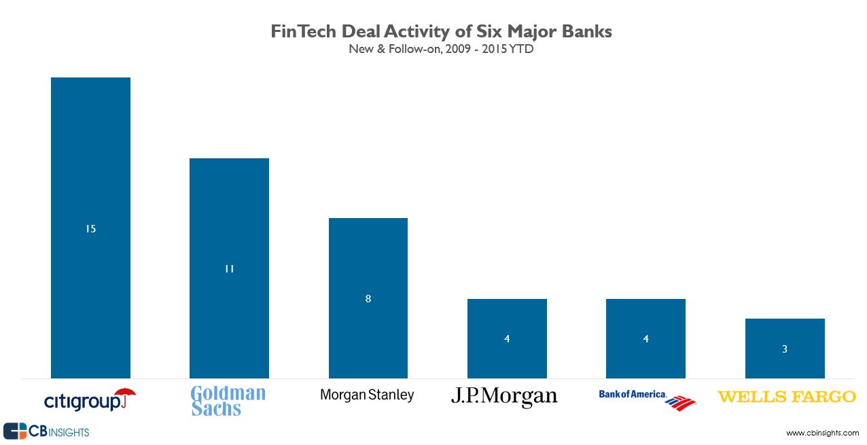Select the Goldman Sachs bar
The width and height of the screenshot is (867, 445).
(229, 204)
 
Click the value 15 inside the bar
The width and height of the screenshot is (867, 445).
(90, 229)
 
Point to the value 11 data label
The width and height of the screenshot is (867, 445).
(229, 269)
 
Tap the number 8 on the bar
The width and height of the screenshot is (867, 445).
(368, 298)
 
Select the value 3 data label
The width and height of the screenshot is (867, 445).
(785, 349)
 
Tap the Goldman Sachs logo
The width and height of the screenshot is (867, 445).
(228, 401)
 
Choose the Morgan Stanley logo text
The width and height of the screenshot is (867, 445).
(367, 395)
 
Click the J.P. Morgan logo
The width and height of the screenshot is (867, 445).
(504, 396)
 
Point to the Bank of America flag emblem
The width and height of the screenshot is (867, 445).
(680, 403)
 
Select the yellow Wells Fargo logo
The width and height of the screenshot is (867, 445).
(787, 396)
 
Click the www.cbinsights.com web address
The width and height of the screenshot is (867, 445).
(822, 433)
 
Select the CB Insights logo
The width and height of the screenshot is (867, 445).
(46, 431)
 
